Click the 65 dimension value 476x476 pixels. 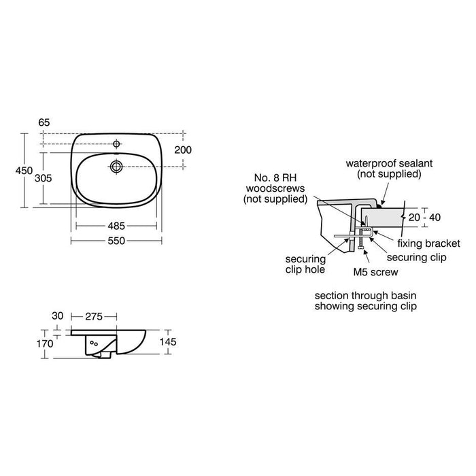click(44, 122)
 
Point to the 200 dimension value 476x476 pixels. click(184, 150)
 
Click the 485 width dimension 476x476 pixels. click(116, 225)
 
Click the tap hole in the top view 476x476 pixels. click(117, 144)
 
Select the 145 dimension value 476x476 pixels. click(167, 342)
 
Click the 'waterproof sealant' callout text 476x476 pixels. click(385, 169)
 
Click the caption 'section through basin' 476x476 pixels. click(365, 296)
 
